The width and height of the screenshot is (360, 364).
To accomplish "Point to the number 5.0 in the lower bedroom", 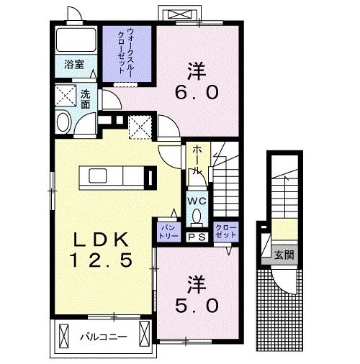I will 193,305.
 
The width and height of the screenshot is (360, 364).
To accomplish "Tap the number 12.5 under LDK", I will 100,261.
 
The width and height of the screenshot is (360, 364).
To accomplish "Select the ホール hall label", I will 195,160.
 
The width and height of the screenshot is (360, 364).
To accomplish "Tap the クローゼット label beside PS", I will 225,231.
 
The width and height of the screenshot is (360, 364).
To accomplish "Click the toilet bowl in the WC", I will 197,218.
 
